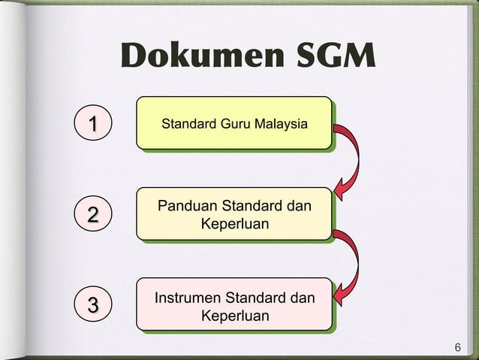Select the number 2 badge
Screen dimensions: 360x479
pyautogui.click(x=92, y=215)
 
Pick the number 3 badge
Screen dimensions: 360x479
pyautogui.click(x=92, y=305)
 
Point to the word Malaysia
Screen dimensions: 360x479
pyautogui.click(x=279, y=123)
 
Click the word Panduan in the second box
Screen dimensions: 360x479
pyautogui.click(x=185, y=206)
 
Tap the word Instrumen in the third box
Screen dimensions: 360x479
pyautogui.click(x=188, y=298)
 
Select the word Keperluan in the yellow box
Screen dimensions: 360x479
pyautogui.click(x=235, y=224)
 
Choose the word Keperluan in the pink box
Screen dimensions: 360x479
pyautogui.click(x=235, y=316)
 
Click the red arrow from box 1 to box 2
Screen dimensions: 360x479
pyautogui.click(x=350, y=162)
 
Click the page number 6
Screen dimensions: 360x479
pyautogui.click(x=457, y=348)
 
